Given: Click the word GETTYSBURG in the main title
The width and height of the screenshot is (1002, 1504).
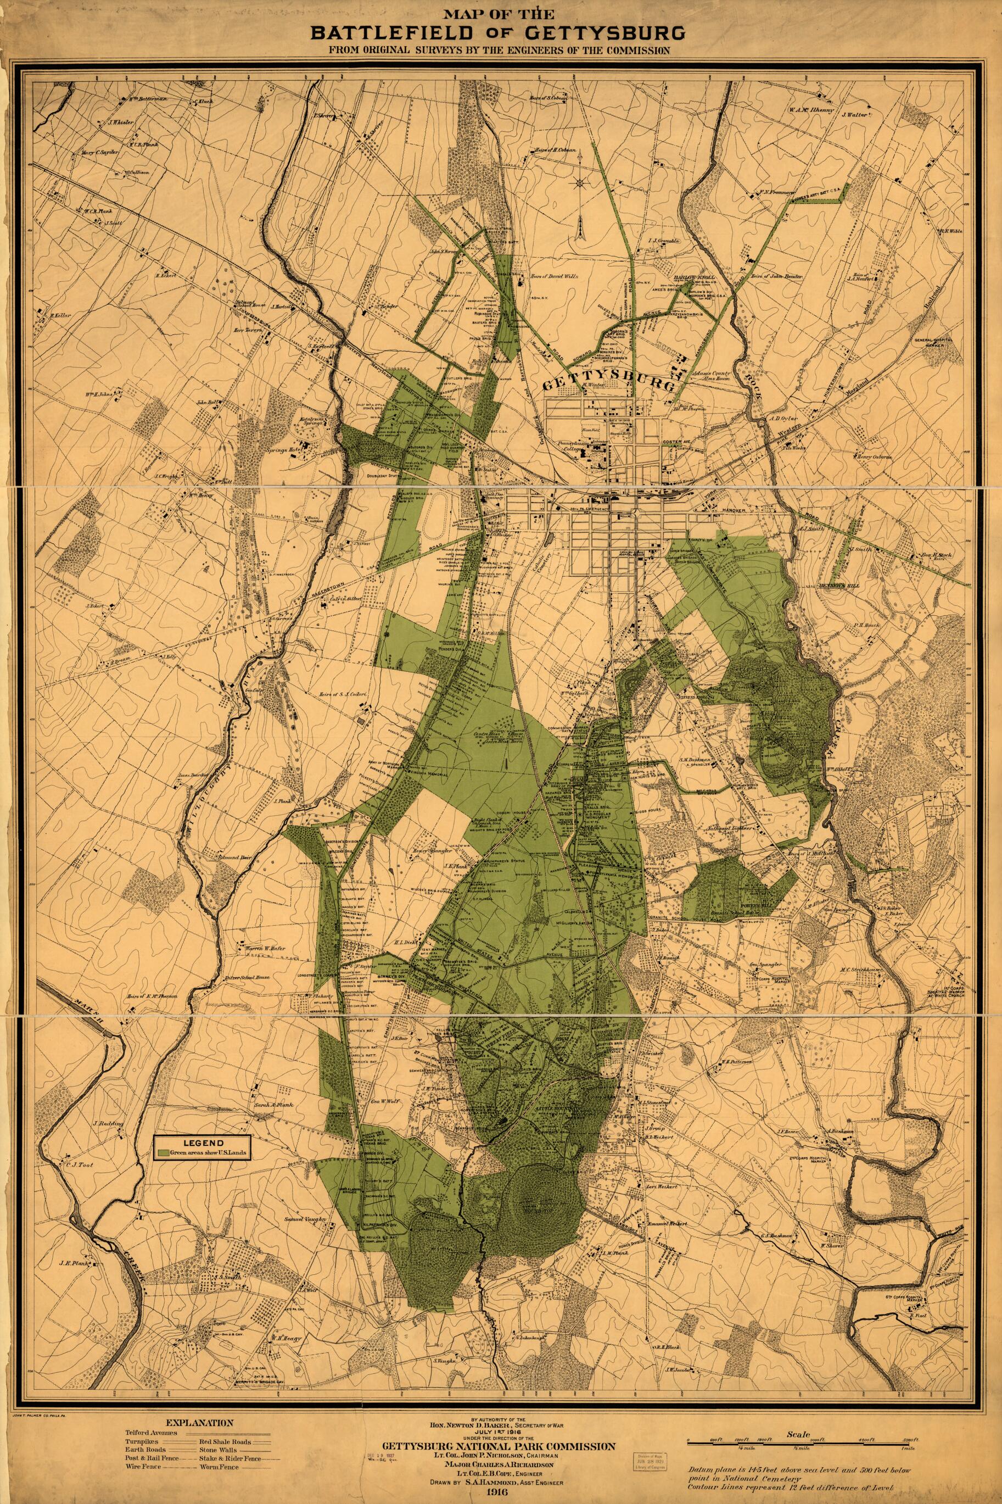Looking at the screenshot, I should pos(592,32).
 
